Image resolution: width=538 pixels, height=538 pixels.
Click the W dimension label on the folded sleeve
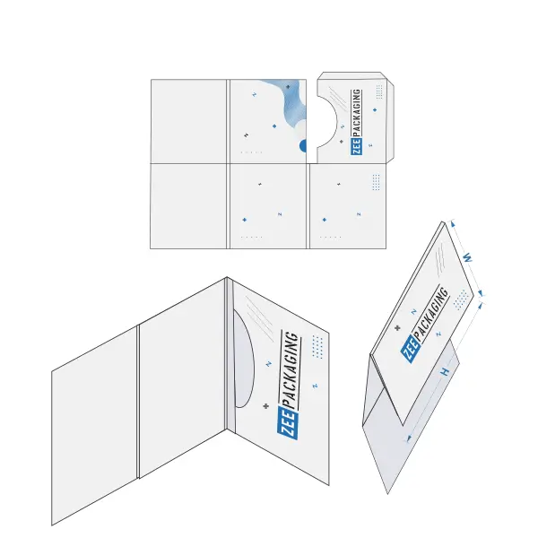pos(467,257)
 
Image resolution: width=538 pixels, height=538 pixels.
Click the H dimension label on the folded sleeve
pos(445,371)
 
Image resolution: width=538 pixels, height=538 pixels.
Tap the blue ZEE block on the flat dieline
pos(357,147)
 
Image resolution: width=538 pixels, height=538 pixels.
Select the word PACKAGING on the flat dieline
pos(357,113)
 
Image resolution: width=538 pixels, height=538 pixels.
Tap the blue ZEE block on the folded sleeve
pos(411,350)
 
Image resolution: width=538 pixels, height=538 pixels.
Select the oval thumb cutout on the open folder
pos(244,358)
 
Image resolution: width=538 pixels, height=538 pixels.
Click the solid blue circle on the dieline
pos(303,145)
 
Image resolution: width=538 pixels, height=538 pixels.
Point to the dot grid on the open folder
pos(317,347)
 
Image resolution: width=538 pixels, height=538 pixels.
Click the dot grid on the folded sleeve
pos(461,299)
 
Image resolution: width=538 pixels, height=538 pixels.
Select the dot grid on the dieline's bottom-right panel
pos(376,182)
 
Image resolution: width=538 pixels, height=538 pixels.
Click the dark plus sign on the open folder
pos(266,406)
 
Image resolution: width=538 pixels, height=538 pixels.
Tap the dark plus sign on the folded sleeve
pos(397,327)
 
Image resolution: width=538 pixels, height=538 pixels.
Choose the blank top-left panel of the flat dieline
pos(188,121)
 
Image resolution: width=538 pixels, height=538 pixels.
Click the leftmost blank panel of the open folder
pos(95,425)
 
